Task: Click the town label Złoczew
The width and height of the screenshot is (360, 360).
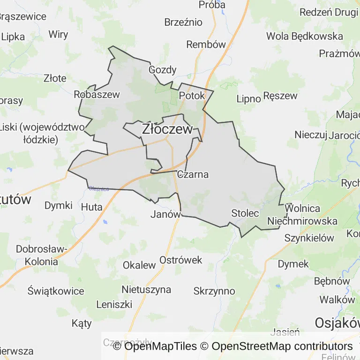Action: [x=167, y=129]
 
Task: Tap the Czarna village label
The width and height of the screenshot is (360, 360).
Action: [x=193, y=174]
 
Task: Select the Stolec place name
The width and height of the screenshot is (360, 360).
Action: [x=245, y=213]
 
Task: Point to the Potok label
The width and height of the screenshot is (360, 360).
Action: [x=192, y=96]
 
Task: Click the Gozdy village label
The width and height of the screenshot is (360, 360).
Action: [x=162, y=70]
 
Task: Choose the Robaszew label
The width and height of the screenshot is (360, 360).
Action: [x=97, y=94]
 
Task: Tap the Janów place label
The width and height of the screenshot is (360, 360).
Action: [x=165, y=214]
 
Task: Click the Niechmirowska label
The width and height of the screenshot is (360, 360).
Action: [x=302, y=221]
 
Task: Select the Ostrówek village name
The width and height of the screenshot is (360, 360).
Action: [x=181, y=260]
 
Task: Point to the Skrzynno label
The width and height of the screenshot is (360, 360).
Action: [x=214, y=291]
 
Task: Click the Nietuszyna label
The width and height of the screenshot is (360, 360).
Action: [x=146, y=289]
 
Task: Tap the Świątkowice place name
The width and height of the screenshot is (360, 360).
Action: [x=56, y=290]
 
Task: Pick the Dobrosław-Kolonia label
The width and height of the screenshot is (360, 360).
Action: [x=42, y=255]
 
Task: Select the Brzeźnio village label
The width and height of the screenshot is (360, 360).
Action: [x=183, y=22]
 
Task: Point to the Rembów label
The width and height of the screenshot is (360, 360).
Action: [x=206, y=45]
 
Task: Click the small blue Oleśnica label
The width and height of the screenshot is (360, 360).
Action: [x=99, y=189]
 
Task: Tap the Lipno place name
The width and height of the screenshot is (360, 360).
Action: [x=248, y=99]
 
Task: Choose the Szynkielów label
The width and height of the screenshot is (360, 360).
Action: [x=309, y=238]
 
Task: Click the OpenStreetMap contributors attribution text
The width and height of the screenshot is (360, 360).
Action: [x=282, y=346]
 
